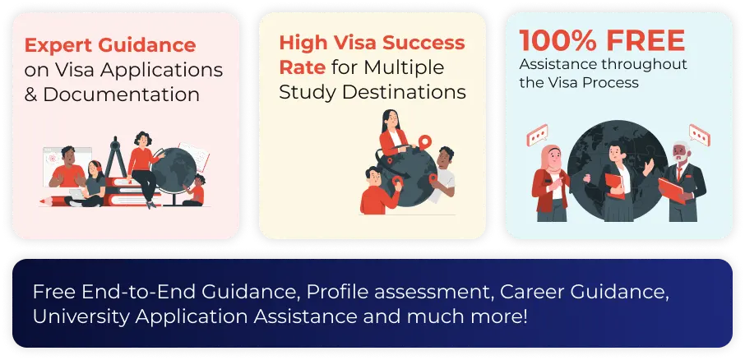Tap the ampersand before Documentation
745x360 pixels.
click(31, 95)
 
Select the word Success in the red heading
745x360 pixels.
click(423, 43)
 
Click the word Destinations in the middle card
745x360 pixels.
click(404, 92)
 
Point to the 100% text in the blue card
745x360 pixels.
click(558, 40)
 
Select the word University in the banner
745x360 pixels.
click(81, 316)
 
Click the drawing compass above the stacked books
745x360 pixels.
click(115, 157)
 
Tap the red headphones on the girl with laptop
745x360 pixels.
click(96, 165)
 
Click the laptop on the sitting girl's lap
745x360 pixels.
click(77, 194)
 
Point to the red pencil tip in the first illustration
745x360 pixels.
click(44, 201)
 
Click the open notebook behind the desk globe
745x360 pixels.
click(194, 156)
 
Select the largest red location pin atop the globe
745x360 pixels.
click(425, 142)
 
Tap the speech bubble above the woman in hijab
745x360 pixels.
click(537, 136)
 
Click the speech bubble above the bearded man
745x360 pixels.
click(700, 136)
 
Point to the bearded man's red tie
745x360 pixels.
click(679, 172)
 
